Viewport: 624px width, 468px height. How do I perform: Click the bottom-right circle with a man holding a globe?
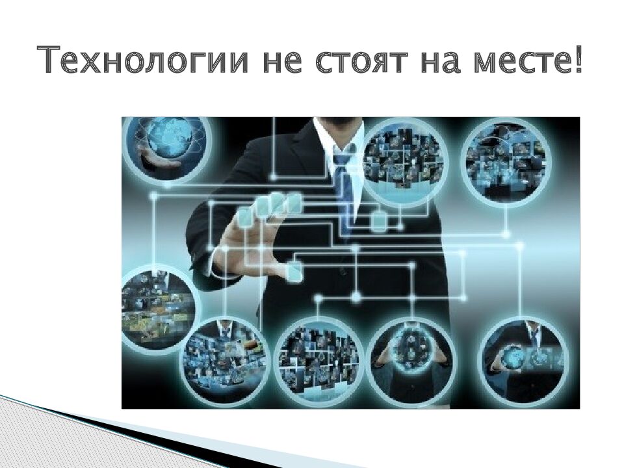[523, 359]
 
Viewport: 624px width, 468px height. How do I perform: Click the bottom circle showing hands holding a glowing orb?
[409, 359]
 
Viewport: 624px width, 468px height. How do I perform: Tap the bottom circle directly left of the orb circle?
[319, 359]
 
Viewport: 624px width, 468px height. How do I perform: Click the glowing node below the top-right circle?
[506, 234]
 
